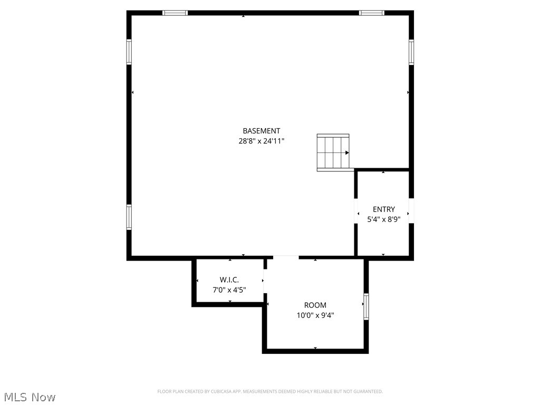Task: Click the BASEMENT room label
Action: tap(261, 131)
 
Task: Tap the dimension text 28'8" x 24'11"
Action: tap(261, 141)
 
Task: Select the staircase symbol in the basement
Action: tap(333, 152)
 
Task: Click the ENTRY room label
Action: tap(383, 209)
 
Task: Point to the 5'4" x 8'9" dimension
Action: tap(383, 219)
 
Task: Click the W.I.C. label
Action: tap(229, 279)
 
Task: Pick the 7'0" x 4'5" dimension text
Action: tap(229, 290)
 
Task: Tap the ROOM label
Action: tap(315, 305)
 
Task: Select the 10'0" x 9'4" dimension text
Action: tap(315, 315)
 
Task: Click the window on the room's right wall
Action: tap(366, 307)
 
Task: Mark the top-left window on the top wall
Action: tap(175, 13)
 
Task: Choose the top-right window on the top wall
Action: tap(372, 13)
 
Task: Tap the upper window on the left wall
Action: tap(129, 52)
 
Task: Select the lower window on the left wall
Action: tap(129, 217)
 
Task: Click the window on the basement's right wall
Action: tap(411, 52)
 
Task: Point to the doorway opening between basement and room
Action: tap(286, 257)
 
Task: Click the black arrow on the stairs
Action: tap(346, 152)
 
